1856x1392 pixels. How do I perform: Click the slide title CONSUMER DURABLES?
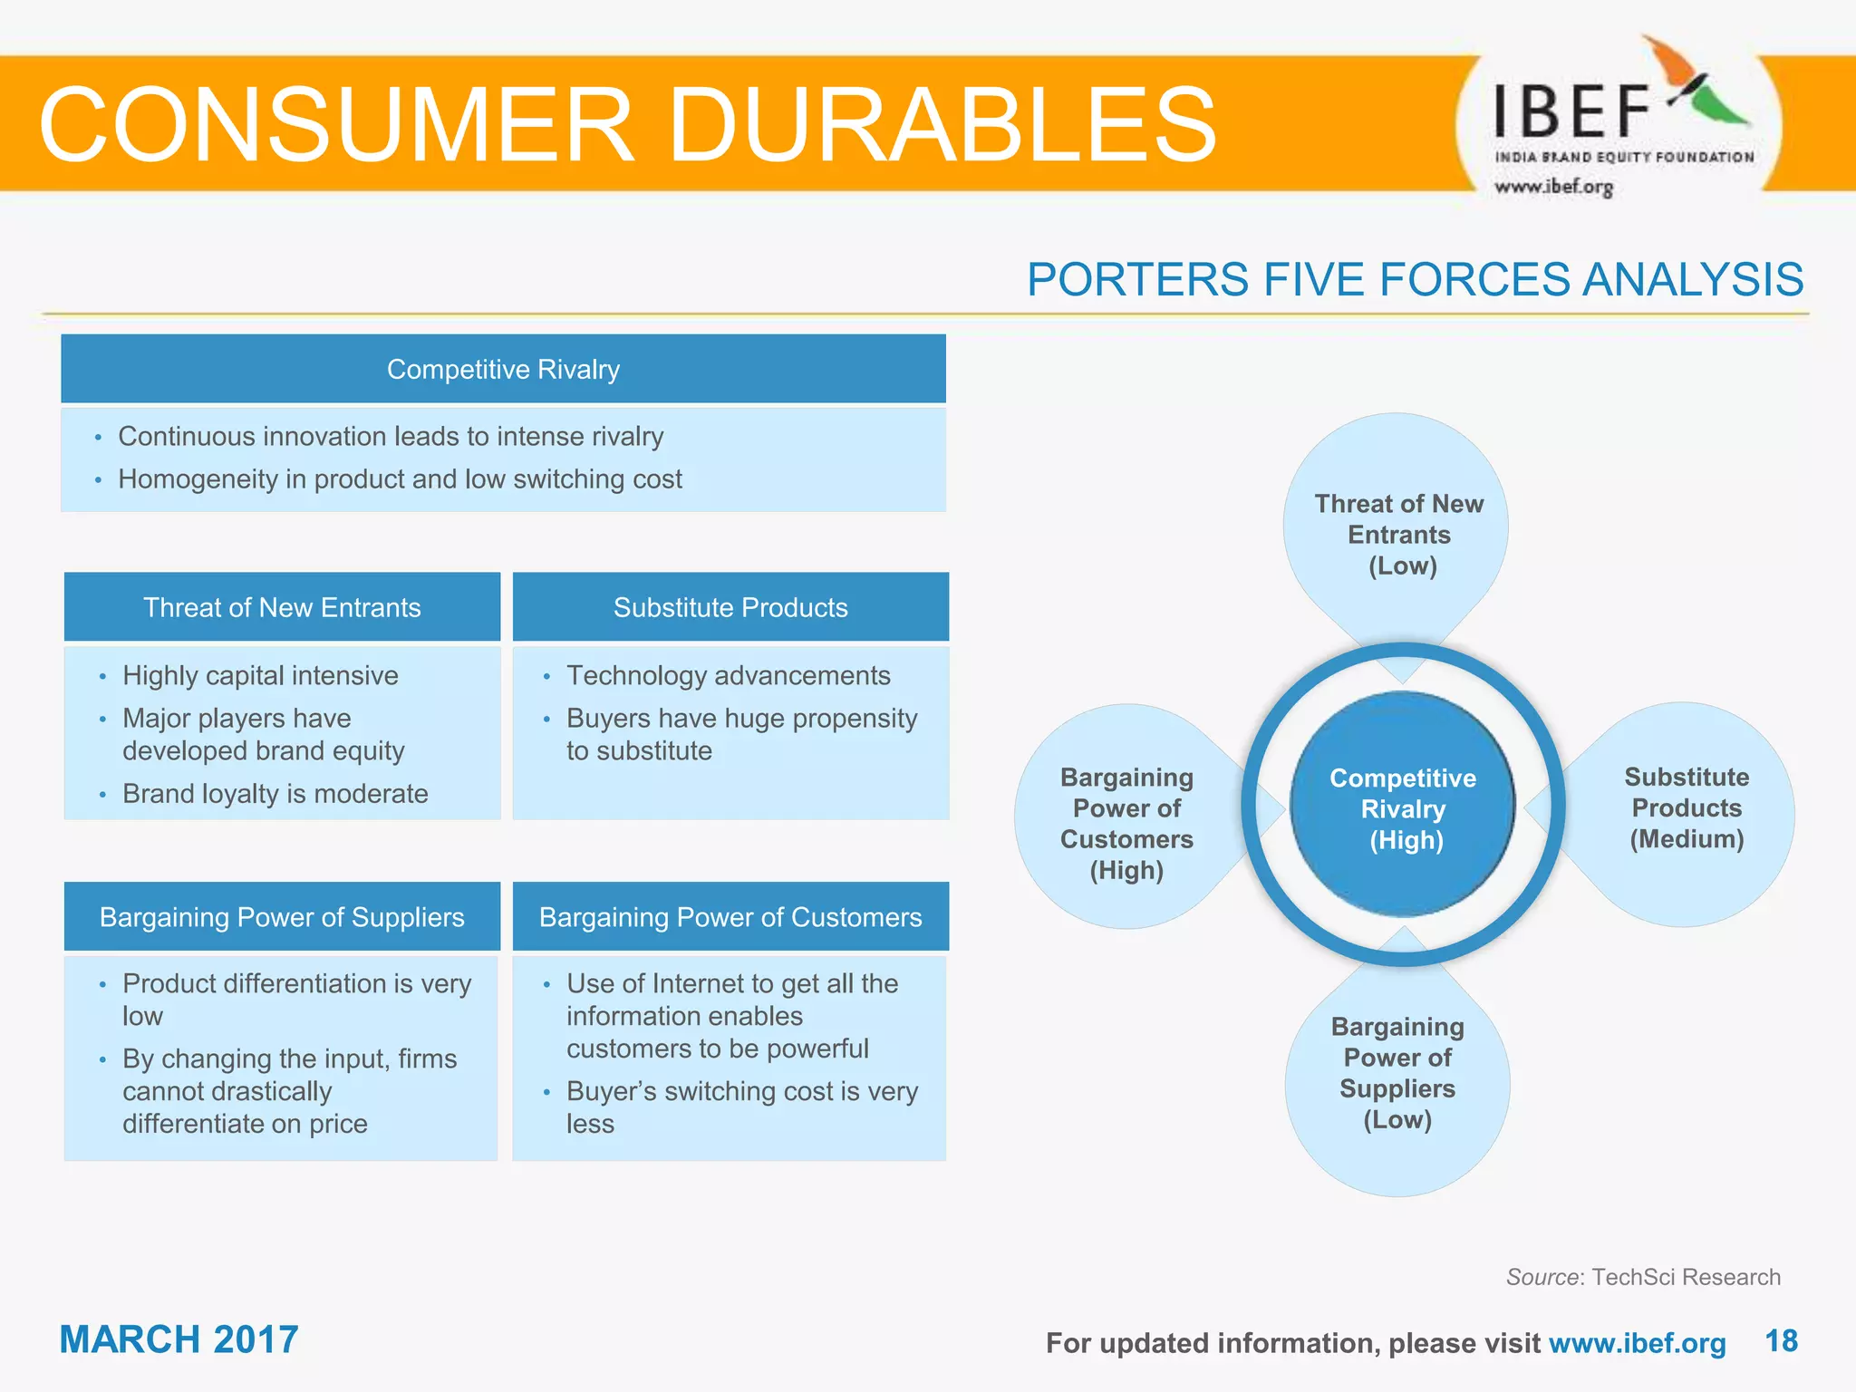[627, 124]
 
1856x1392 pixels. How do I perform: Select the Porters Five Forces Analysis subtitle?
[1415, 279]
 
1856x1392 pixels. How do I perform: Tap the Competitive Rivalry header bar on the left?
[503, 369]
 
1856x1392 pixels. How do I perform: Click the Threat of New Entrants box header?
[282, 607]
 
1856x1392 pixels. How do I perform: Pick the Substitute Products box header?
[730, 607]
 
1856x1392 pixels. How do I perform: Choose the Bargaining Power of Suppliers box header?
[282, 917]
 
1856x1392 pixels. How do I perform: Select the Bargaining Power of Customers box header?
[730, 917]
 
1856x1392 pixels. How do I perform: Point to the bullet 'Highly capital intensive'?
[260, 675]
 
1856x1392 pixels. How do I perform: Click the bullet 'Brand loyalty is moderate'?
[275, 794]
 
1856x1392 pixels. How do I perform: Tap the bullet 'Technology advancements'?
[728, 675]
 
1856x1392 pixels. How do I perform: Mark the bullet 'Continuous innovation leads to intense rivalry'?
[391, 437]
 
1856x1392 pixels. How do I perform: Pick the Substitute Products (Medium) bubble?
[1687, 808]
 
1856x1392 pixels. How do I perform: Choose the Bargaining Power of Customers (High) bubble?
[1126, 823]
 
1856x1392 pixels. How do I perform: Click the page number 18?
[1781, 1341]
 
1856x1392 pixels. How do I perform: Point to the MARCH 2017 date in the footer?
[179, 1339]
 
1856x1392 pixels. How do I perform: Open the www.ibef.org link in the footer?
[1637, 1343]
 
